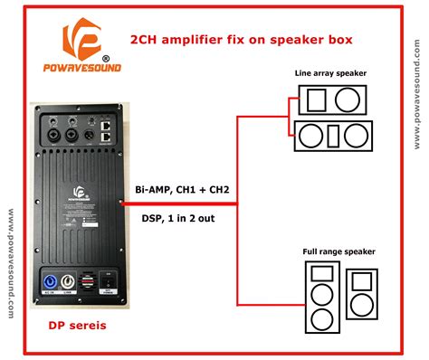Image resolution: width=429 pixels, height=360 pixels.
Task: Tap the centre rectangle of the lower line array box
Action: [x=332, y=136]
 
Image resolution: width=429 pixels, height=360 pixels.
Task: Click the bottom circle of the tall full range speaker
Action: [x=321, y=319]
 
